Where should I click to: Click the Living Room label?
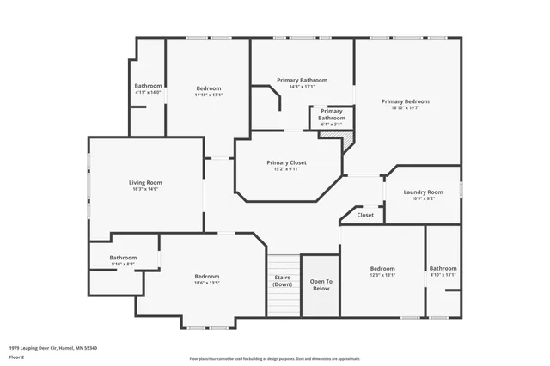(145, 182)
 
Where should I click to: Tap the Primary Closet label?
(286, 162)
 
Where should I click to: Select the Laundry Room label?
(423, 192)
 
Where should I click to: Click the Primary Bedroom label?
(405, 101)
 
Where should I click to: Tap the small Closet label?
(365, 215)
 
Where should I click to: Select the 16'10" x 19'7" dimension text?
(405, 108)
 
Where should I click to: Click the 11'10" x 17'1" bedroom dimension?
(208, 95)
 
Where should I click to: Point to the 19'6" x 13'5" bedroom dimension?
(207, 282)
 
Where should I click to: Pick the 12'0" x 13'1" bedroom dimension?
(382, 275)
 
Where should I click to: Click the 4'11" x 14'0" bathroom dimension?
(148, 92)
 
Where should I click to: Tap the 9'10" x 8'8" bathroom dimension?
(123, 264)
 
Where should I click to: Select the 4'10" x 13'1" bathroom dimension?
(443, 275)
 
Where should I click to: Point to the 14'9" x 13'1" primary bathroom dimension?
(302, 87)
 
